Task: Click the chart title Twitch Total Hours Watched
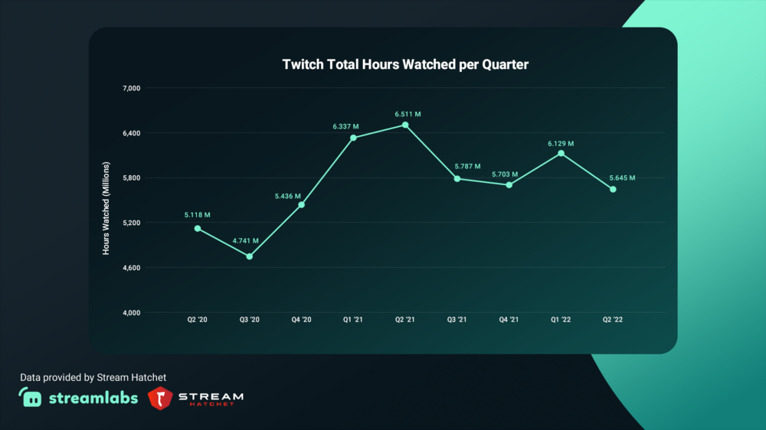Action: pyautogui.click(x=405, y=64)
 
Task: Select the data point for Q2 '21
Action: pyautogui.click(x=405, y=125)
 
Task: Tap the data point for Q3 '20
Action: pyautogui.click(x=250, y=256)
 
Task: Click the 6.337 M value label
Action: pyautogui.click(x=345, y=126)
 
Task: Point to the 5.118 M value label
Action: pyautogui.click(x=197, y=215)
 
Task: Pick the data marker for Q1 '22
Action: pyautogui.click(x=561, y=154)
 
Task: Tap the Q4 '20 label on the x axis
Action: pyautogui.click(x=301, y=320)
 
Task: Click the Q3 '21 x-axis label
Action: pyautogui.click(x=457, y=320)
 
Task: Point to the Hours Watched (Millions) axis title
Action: pyautogui.click(x=106, y=208)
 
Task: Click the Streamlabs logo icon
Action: pyautogui.click(x=31, y=397)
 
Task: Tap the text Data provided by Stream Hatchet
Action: pyautogui.click(x=93, y=377)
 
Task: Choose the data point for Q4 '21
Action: pyautogui.click(x=509, y=184)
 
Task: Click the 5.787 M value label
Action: pyautogui.click(x=467, y=166)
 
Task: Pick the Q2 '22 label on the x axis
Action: pyautogui.click(x=613, y=320)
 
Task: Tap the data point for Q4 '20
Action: pyautogui.click(x=301, y=205)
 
